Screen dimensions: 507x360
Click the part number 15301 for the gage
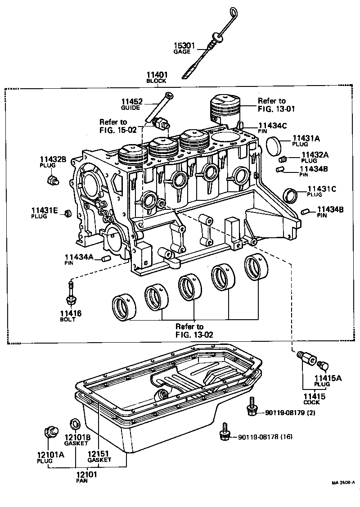(x=184, y=45)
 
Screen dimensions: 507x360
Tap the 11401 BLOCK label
(x=156, y=75)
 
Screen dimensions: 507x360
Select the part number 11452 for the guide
(x=131, y=102)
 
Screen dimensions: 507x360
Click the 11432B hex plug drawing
(x=52, y=181)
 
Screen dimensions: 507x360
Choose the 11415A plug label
(x=328, y=378)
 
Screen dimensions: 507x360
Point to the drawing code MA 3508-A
(x=343, y=483)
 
